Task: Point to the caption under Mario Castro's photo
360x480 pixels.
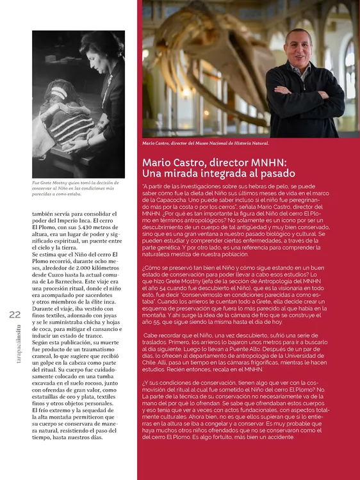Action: pyautogui.click(x=205, y=143)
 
